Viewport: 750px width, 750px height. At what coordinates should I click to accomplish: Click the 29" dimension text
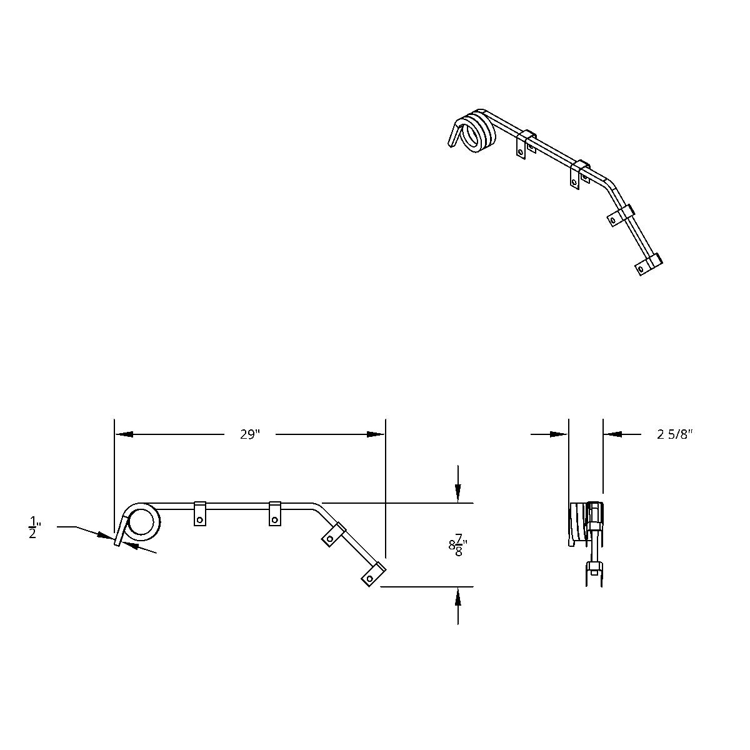click(249, 434)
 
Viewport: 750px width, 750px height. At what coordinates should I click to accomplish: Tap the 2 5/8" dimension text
click(676, 434)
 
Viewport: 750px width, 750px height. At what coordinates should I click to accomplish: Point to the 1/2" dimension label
click(32, 527)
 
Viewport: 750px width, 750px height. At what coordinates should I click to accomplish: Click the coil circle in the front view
click(143, 522)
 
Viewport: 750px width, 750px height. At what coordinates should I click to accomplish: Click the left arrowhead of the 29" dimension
click(123, 434)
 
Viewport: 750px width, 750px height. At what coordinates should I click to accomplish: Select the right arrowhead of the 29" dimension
click(376, 434)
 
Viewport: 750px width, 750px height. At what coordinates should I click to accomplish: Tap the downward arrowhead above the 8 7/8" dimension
click(458, 494)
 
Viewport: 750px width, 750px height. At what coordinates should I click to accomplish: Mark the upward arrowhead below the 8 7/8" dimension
click(458, 596)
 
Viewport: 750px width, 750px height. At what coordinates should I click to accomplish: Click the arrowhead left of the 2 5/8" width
click(559, 434)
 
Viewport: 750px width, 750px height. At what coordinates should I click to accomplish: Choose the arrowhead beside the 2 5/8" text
click(612, 434)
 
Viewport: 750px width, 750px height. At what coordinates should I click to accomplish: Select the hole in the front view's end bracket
click(370, 579)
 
